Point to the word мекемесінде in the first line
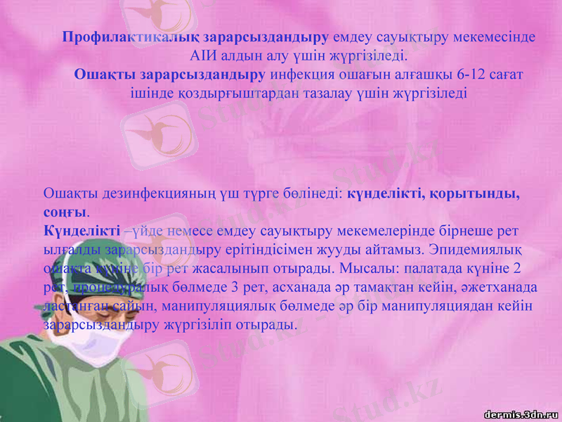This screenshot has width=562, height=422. click(x=498, y=37)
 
